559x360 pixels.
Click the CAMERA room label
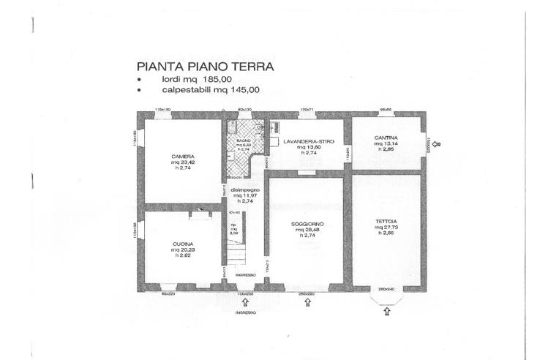[x=183, y=156]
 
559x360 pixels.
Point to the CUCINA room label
[x=183, y=243]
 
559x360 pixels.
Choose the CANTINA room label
[x=386, y=137]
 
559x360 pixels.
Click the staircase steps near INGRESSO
[x=236, y=256]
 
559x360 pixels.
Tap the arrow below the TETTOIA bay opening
[x=386, y=311]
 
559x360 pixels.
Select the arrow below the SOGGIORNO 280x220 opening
[x=307, y=301]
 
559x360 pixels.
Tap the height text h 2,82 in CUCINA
[x=183, y=257]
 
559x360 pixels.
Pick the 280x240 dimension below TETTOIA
[x=386, y=289]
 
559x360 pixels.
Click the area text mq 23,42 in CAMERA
[x=183, y=162]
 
